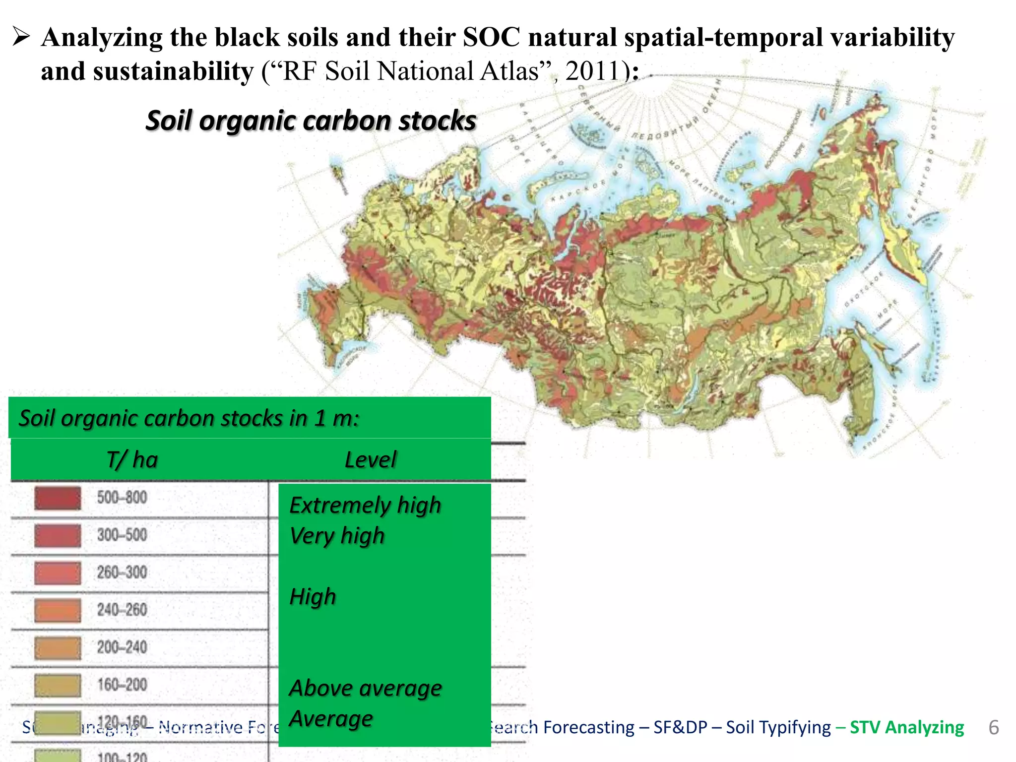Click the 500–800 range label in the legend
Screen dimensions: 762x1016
(x=122, y=498)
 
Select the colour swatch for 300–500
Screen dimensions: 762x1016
(x=58, y=536)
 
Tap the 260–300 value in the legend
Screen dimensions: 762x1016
(x=122, y=572)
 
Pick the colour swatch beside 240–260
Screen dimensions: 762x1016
(x=58, y=610)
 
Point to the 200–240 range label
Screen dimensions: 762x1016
(x=122, y=647)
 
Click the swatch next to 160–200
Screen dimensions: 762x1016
(x=58, y=685)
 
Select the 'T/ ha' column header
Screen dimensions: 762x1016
(x=132, y=460)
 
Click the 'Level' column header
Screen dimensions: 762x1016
(x=371, y=460)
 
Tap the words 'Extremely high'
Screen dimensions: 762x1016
(x=365, y=506)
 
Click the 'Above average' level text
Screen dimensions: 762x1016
(x=366, y=689)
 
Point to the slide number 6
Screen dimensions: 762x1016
(x=993, y=727)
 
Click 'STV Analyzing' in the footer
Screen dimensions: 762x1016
(x=907, y=727)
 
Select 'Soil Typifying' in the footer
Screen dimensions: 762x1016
(x=778, y=727)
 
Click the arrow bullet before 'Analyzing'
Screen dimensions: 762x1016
(x=22, y=37)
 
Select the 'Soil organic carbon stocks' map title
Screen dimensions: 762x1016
(x=311, y=121)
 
